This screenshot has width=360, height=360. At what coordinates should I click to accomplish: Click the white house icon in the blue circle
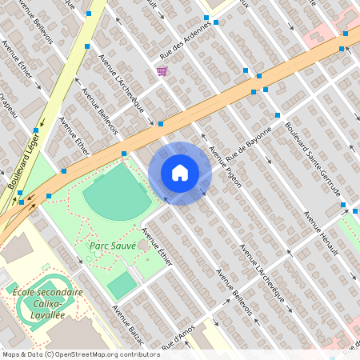coord(180,173)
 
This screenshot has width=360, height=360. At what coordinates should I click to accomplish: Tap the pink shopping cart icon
coord(162,71)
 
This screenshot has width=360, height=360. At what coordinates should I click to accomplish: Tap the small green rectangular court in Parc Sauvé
coord(122,285)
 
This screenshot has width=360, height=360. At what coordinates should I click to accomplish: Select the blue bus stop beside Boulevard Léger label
coord(36,130)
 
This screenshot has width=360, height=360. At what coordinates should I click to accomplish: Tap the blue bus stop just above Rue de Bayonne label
coord(278,116)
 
